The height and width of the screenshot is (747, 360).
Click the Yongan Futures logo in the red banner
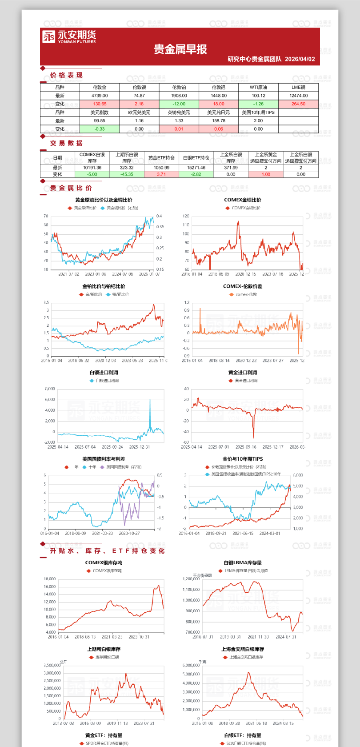(x=69, y=36)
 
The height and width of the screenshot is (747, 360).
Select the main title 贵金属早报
(x=180, y=49)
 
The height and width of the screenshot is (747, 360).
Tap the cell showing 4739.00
(x=100, y=96)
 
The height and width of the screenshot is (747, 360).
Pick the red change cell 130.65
(x=100, y=104)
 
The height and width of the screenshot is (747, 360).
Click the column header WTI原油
(x=258, y=87)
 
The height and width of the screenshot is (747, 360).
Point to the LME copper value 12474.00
(x=298, y=96)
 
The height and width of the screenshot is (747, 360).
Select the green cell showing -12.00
(x=179, y=104)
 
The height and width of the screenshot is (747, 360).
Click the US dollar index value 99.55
(x=100, y=120)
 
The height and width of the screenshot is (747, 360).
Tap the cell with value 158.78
(x=219, y=120)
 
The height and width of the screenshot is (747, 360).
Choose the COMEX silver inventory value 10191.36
(x=92, y=168)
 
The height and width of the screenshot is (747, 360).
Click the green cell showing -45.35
(x=127, y=174)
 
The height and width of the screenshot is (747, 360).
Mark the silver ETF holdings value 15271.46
(x=196, y=168)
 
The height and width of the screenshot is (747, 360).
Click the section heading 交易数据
(x=66, y=143)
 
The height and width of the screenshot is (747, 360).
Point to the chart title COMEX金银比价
(x=243, y=200)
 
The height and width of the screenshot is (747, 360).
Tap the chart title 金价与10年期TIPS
(x=243, y=459)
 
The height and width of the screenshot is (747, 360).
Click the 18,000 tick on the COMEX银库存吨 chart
(x=50, y=579)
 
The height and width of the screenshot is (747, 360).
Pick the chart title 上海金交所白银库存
(x=243, y=649)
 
